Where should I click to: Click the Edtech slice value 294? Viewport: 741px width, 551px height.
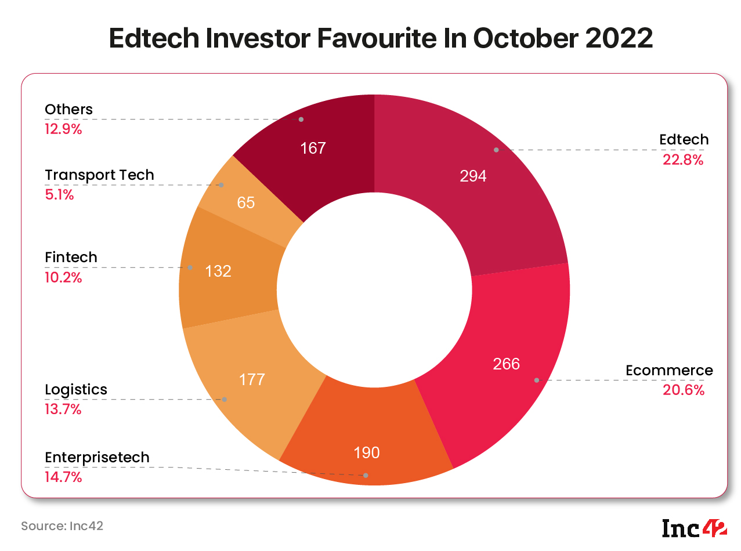tap(473, 176)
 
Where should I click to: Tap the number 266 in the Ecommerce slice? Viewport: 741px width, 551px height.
tap(506, 364)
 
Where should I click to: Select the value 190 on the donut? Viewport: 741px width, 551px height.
tap(367, 453)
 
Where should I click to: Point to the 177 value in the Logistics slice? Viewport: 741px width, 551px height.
tap(252, 380)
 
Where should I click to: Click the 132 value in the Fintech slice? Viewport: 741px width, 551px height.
tap(218, 271)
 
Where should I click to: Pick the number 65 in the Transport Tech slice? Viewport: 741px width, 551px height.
tap(245, 202)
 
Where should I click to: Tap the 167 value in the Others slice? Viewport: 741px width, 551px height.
tap(313, 148)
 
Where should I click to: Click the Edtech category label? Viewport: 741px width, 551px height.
tap(684, 139)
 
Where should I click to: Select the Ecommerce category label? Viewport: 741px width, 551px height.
tap(669, 371)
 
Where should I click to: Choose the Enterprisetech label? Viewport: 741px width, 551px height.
tap(97, 458)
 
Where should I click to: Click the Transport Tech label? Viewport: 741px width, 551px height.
tap(99, 175)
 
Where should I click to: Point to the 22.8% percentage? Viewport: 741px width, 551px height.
tap(683, 159)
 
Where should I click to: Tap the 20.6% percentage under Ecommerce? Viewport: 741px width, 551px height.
tap(684, 390)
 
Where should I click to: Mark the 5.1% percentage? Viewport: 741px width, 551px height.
tap(59, 195)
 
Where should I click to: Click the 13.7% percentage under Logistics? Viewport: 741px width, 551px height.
tap(63, 409)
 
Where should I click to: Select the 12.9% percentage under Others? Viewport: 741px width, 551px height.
tap(63, 129)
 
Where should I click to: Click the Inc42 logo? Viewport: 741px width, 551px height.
tap(695, 528)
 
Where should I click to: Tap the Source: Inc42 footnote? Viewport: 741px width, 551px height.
tap(62, 526)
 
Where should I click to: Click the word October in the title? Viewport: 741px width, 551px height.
tap(526, 38)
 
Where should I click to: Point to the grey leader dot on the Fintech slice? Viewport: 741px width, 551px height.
tap(190, 267)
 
